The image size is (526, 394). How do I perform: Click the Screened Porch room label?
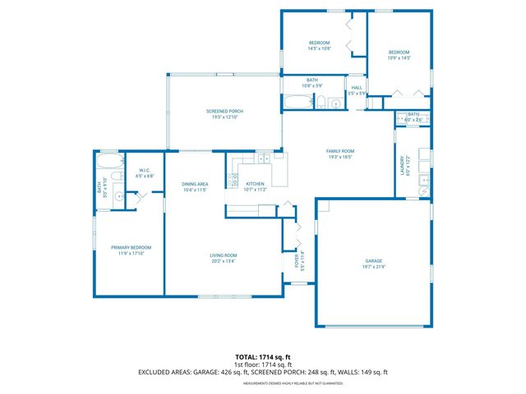pyautogui.click(x=224, y=111)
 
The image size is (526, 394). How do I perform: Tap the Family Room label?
pyautogui.click(x=339, y=151)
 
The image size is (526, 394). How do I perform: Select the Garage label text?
pyautogui.click(x=374, y=260)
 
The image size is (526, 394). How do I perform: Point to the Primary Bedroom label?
pyautogui.click(x=131, y=247)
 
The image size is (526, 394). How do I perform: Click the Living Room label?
pyautogui.click(x=223, y=255)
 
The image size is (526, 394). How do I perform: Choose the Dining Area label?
pyautogui.click(x=194, y=184)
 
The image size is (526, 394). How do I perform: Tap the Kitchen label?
pyautogui.click(x=255, y=184)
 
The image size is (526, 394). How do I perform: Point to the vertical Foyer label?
pyautogui.click(x=297, y=260)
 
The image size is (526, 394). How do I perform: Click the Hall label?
pyautogui.click(x=357, y=88)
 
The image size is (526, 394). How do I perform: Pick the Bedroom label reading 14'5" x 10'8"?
pyautogui.click(x=319, y=43)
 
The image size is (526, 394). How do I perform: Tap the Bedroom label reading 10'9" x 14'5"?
pyautogui.click(x=399, y=53)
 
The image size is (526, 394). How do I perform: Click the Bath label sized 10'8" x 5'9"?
pyautogui.click(x=312, y=80)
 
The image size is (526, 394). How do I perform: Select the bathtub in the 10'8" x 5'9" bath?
pyautogui.click(x=297, y=103)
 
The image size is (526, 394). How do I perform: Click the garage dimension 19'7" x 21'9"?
pyautogui.click(x=374, y=267)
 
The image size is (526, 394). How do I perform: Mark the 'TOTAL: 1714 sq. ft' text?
pyautogui.click(x=262, y=357)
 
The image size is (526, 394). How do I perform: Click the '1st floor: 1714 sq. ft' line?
pyautogui.click(x=262, y=364)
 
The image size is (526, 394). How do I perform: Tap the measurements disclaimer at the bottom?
pyautogui.click(x=262, y=382)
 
